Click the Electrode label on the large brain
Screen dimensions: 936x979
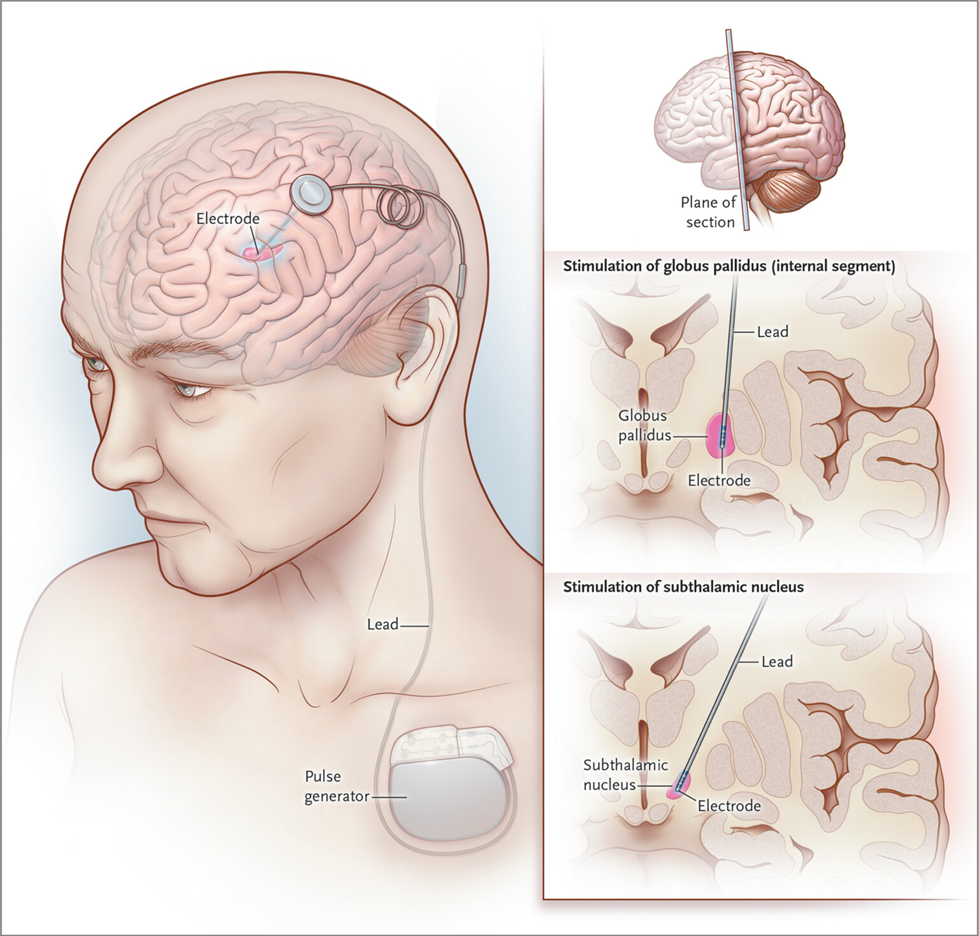pos(228,219)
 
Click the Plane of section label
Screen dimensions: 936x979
pos(708,212)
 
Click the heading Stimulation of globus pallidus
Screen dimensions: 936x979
pos(729,266)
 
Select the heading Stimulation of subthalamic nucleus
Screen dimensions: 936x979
pos(683,587)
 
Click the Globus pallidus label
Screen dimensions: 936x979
pos(644,425)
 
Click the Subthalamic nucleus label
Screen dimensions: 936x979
pos(616,774)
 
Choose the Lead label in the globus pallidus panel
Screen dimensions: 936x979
pos(772,332)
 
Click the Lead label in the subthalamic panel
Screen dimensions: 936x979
pos(777,662)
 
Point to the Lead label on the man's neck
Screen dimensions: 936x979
pos(382,624)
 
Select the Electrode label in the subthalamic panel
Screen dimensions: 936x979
pos(729,806)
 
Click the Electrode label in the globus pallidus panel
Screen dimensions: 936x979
pos(719,480)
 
